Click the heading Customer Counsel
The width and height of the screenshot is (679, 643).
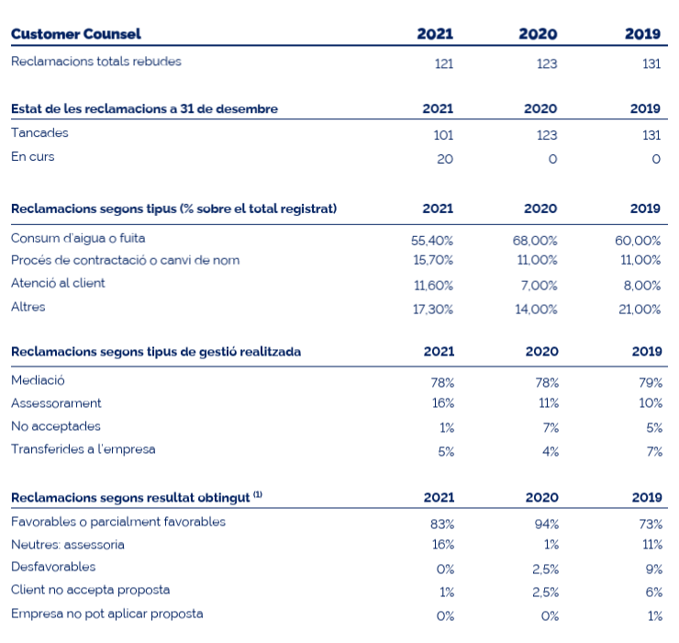click(76, 34)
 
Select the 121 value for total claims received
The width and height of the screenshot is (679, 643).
click(444, 63)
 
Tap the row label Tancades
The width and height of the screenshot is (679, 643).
click(39, 132)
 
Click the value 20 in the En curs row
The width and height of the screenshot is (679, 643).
click(445, 159)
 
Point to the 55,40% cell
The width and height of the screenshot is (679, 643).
click(432, 241)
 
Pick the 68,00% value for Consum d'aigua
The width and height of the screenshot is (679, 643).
click(535, 241)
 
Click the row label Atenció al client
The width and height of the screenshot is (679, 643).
click(58, 283)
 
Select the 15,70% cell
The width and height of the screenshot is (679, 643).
click(433, 260)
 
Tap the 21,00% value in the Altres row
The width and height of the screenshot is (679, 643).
click(640, 310)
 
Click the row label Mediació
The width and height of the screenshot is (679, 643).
click(38, 380)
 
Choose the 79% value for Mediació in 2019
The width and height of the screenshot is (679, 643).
click(651, 383)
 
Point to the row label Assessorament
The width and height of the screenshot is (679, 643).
click(56, 403)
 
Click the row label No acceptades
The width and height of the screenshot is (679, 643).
click(55, 426)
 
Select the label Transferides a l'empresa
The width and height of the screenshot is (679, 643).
click(83, 449)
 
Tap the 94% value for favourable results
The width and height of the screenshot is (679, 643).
click(547, 525)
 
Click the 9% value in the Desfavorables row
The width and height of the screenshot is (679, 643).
click(654, 570)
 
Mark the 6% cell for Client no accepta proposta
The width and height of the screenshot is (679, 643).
click(654, 592)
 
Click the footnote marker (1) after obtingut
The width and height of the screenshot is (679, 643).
click(258, 494)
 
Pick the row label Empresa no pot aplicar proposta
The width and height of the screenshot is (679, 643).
click(107, 614)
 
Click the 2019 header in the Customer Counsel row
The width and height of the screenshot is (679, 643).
click(642, 34)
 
